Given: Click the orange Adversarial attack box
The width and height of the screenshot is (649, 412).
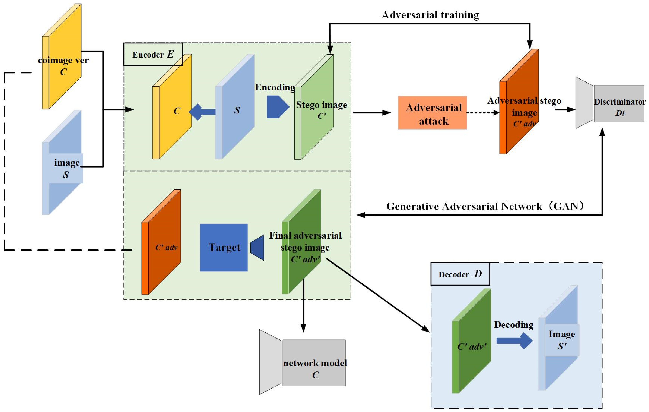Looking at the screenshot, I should click(x=432, y=113).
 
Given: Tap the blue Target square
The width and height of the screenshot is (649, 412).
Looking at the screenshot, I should click(x=224, y=248).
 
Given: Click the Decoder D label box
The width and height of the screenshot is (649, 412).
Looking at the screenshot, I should click(x=460, y=274).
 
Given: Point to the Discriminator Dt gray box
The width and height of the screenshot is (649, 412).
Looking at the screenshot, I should click(x=619, y=104).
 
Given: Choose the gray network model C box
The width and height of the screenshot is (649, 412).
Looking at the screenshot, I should click(x=314, y=363).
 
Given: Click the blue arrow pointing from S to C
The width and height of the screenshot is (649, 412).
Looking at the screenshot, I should click(x=202, y=112).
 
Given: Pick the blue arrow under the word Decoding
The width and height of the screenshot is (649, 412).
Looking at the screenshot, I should click(x=514, y=341).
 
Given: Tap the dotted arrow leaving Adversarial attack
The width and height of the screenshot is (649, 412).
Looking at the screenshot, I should click(x=482, y=113).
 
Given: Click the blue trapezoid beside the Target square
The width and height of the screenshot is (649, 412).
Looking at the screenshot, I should click(x=258, y=248).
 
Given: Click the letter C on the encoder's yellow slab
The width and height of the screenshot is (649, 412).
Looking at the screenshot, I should click(x=177, y=111).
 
